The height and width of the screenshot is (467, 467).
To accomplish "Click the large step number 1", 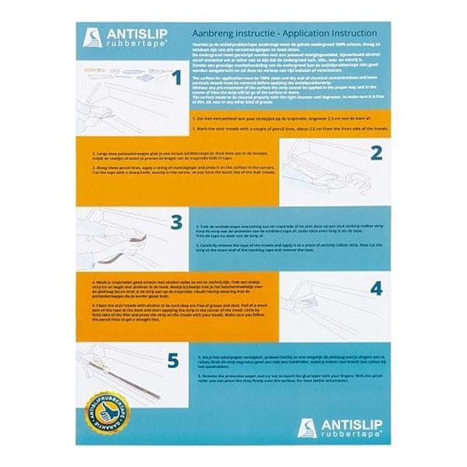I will coord(176,78).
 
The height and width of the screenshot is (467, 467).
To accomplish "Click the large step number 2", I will coord(376,153).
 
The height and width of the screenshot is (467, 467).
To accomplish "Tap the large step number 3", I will coord(177,223).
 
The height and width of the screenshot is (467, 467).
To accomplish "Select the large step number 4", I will coord(376,289).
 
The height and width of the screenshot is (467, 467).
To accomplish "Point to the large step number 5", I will coord(173,360).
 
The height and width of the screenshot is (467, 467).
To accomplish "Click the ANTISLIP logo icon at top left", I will coord(92,37).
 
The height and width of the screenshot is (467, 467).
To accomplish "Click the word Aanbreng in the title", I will coord(212,34).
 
